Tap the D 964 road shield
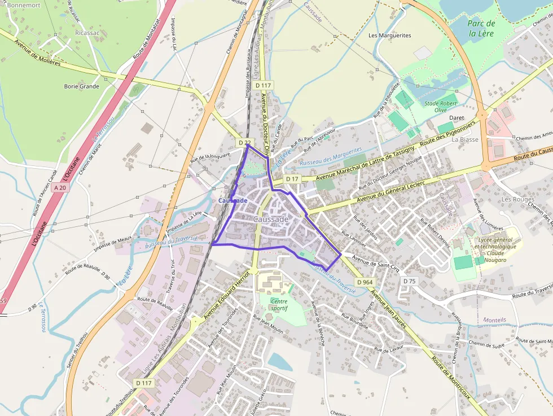click(x=365, y=282)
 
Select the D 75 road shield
click(x=410, y=281)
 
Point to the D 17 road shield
click(x=292, y=179)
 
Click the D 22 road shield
click(x=244, y=143)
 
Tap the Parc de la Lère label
click(x=481, y=28)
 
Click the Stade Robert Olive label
click(x=441, y=106)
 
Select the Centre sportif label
click(x=279, y=305)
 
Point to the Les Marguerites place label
click(x=389, y=35)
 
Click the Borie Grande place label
click(x=82, y=86)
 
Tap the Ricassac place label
click(x=87, y=33)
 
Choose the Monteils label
click(x=494, y=319)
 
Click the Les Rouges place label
click(x=517, y=199)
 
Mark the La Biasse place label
click(x=465, y=139)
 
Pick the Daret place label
click(x=457, y=118)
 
